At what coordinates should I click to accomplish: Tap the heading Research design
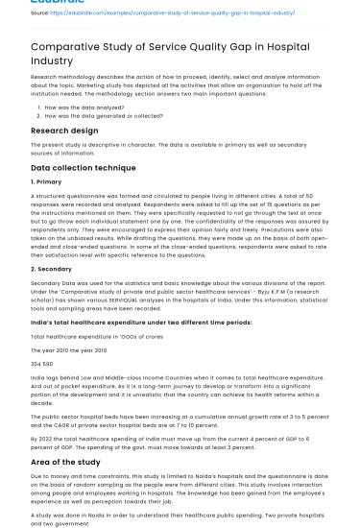pyautogui.click(x=64, y=131)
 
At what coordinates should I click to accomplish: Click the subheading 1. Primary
pyautogui.click(x=46, y=180)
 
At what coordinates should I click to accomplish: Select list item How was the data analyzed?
pyautogui.click(x=87, y=108)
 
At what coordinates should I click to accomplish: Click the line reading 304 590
pyautogui.click(x=41, y=364)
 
